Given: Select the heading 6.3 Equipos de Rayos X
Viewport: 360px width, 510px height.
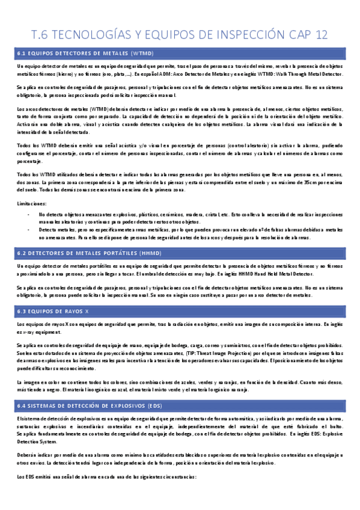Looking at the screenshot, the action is pyautogui.click(x=54, y=311).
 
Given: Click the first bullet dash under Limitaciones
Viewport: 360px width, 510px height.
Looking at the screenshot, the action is pyautogui.click(x=29, y=214).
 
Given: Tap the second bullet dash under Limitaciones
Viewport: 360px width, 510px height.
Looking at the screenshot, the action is pyautogui.click(x=29, y=230).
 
